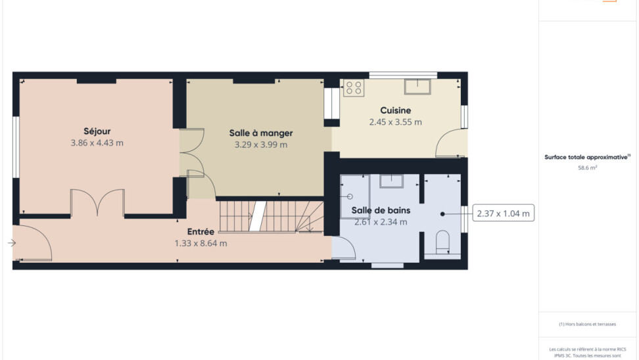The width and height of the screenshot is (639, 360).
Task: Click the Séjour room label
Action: coord(97,131)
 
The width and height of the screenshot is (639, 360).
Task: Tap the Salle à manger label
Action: coord(261,133)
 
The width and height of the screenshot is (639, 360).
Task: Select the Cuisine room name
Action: coord(395,110)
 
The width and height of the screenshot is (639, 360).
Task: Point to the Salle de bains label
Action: coord(381,210)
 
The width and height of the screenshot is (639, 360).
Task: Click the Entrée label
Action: coord(201,232)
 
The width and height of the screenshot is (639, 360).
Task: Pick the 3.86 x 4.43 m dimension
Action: coord(97,143)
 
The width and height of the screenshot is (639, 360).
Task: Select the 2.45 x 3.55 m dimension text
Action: coord(395,122)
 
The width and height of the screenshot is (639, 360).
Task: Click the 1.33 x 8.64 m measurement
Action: coord(201,244)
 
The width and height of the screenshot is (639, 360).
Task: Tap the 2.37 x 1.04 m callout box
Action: coord(504,214)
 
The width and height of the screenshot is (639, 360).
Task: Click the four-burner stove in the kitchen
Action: coord(353,88)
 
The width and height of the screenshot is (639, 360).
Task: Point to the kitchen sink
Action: coord(417,87)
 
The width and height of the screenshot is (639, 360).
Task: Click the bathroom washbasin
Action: coord(391,181)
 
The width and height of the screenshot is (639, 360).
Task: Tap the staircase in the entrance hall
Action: coord(272,217)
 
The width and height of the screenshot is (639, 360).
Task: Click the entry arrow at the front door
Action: coord(12,243)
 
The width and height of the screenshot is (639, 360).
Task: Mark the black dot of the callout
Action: coord(442,214)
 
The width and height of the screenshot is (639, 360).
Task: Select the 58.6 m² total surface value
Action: coord(587,168)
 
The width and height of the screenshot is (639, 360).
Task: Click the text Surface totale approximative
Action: coord(586,157)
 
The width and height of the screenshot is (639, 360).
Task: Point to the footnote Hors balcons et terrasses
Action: coord(587,324)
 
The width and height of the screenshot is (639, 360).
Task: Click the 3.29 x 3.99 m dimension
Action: coord(261,145)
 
